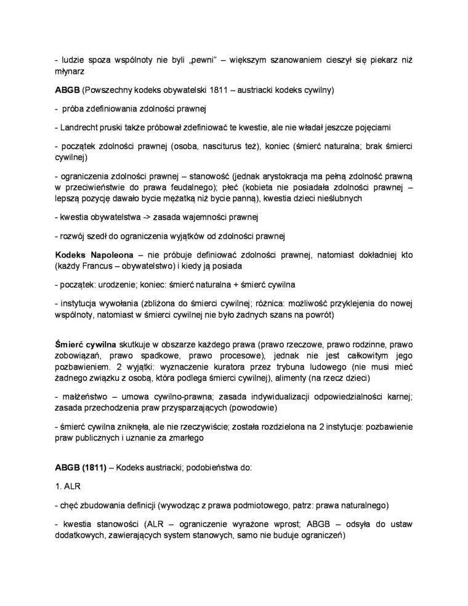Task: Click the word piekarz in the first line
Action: (383, 60)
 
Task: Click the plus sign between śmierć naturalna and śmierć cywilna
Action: (232, 285)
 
